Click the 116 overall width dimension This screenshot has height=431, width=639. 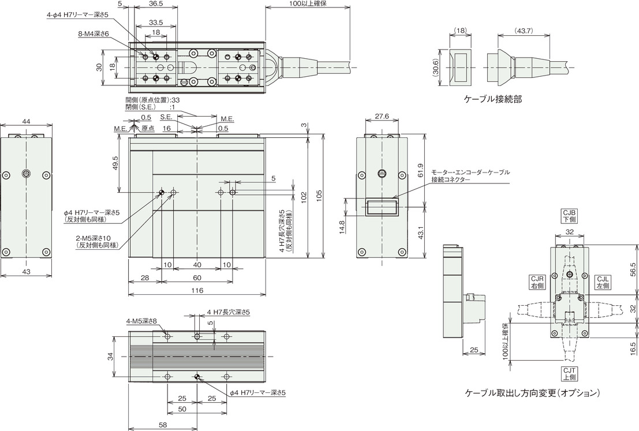[197, 290]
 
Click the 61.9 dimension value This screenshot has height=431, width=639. [420, 171]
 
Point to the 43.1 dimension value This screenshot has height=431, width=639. [420, 233]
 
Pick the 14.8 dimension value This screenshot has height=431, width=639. [342, 227]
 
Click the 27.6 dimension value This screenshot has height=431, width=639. [382, 117]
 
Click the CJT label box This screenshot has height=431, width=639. [569, 374]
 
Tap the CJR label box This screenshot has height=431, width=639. [537, 282]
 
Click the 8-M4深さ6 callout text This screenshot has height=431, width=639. [94, 34]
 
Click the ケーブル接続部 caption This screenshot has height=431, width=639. [493, 99]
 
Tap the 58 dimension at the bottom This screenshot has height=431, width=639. [162, 425]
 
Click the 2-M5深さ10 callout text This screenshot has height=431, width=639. [98, 238]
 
